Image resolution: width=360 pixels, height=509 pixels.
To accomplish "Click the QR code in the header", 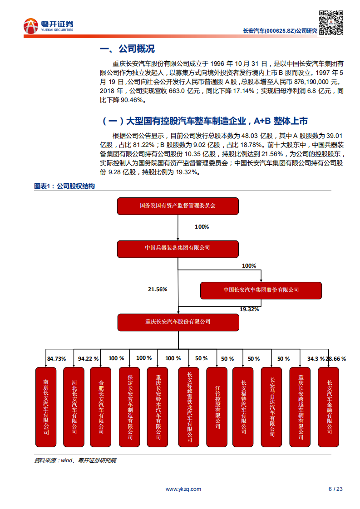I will (330, 22).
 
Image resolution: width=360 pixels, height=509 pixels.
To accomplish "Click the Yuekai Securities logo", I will (48, 25).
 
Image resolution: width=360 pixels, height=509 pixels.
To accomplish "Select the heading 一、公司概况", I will (127, 49).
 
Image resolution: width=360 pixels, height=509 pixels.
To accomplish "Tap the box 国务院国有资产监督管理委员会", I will (178, 206).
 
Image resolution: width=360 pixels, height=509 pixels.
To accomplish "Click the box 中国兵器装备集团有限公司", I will (178, 248).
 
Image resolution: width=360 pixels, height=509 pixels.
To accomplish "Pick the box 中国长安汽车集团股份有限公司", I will (261, 290).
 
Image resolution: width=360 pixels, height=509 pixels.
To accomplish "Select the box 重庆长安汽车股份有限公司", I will (178, 322).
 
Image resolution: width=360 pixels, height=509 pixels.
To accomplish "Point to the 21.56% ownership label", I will (158, 289).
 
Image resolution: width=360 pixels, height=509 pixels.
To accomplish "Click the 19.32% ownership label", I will (249, 309).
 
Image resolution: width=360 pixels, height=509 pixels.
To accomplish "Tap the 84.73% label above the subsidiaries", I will (56, 359).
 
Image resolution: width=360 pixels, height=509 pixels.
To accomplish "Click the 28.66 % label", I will (336, 359).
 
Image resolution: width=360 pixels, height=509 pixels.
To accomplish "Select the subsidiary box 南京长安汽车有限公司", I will (46, 407).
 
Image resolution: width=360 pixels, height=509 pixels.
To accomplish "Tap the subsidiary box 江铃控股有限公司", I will (217, 407).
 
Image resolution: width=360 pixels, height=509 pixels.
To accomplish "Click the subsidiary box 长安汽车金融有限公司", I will (329, 407).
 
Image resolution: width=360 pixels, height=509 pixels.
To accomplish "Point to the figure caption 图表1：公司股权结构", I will (64, 186).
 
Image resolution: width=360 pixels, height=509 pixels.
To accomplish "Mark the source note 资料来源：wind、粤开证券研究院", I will (75, 460).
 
